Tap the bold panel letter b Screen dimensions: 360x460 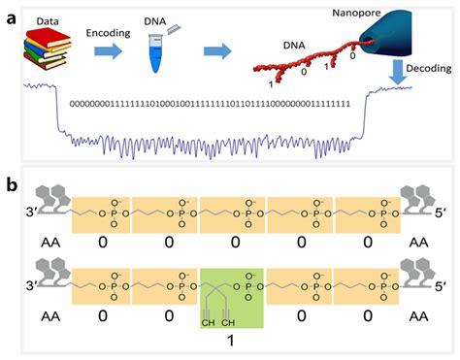(x=12, y=184)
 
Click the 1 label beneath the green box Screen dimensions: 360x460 (x=232, y=340)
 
